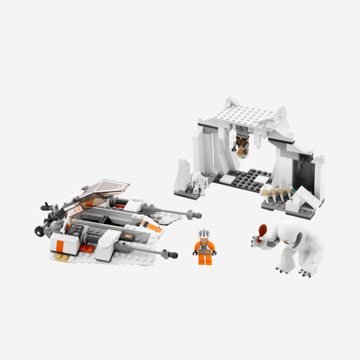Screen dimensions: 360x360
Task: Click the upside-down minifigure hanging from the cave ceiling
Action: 241,141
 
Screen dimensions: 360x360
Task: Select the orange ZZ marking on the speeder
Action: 77,210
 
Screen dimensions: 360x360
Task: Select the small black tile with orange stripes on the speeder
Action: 129,237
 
